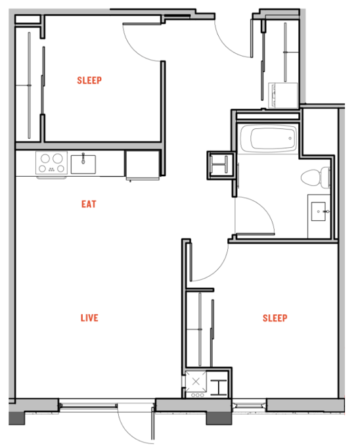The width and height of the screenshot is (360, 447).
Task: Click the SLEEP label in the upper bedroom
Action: pyautogui.click(x=89, y=80)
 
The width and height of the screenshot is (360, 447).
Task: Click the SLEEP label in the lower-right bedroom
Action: pyautogui.click(x=275, y=318)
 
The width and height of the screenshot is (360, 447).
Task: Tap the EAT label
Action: pyautogui.click(x=89, y=204)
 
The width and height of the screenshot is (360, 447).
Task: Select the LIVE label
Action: pyautogui.click(x=89, y=318)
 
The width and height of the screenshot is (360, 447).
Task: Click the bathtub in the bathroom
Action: pyautogui.click(x=268, y=139)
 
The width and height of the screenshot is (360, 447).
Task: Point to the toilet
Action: pyautogui.click(x=315, y=177)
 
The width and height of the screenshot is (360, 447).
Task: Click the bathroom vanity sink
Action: pyautogui.click(x=319, y=212)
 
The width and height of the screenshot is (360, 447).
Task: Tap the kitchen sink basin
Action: pyautogui.click(x=83, y=164)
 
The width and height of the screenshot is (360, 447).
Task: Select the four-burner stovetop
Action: pyautogui.click(x=51, y=163)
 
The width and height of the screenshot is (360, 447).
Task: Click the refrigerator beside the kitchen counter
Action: pyautogui.click(x=143, y=166)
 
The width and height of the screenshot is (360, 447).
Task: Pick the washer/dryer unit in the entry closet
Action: pyautogui.click(x=283, y=95)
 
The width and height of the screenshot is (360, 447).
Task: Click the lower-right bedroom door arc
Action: pyautogui.click(x=219, y=269)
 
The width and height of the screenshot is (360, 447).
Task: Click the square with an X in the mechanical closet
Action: pyautogui.click(x=196, y=381)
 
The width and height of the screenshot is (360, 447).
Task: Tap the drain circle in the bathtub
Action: pyautogui.click(x=290, y=139)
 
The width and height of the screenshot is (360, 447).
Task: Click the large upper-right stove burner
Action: pyautogui.click(x=58, y=158)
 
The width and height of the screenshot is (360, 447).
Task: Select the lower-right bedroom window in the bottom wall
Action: pyautogui.click(x=250, y=404)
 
